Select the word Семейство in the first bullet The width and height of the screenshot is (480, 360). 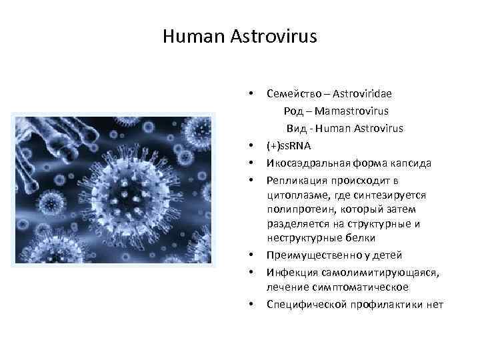coord(291,93)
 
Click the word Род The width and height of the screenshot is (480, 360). coord(302,110)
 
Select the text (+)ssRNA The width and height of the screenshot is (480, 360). coord(288,145)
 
